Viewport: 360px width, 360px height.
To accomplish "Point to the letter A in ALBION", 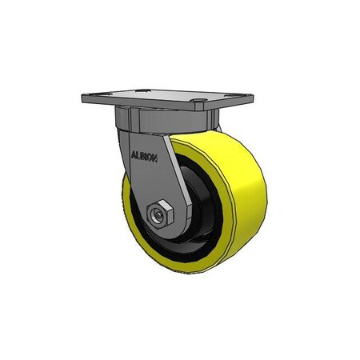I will coord(133,158).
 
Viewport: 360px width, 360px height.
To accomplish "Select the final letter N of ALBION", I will coord(158,158).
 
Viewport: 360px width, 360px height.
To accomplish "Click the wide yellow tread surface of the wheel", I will coord(240,200).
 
